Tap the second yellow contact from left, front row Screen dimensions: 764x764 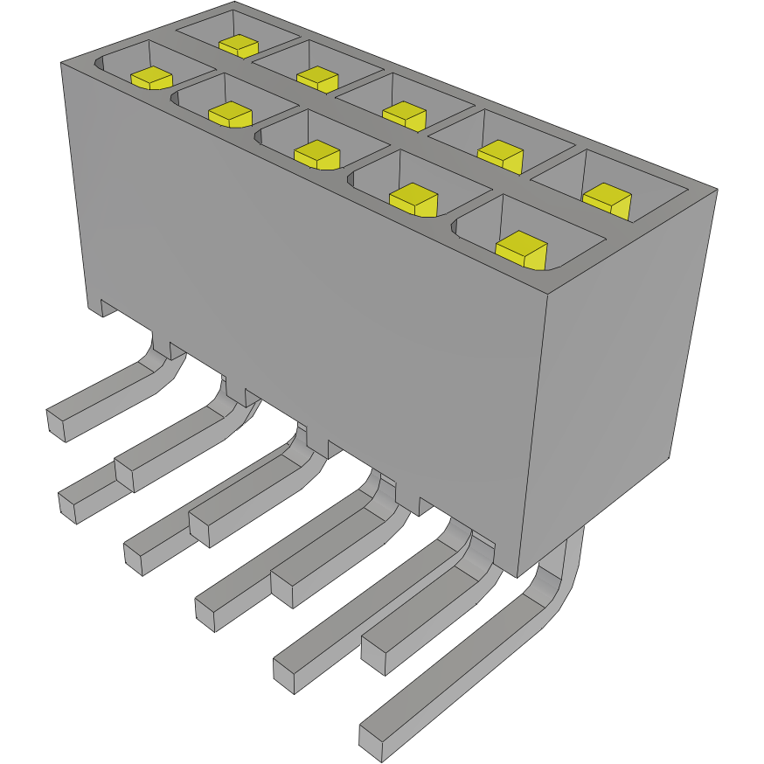tap(230, 114)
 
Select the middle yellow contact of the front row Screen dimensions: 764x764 tap(316, 155)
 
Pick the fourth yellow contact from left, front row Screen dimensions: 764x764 tap(413, 200)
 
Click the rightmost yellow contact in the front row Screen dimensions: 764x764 tap(520, 249)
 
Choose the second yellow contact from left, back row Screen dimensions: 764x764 tap(316, 79)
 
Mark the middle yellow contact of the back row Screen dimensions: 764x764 tap(404, 115)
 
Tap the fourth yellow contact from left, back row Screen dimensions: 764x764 tap(501, 155)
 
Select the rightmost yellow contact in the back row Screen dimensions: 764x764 tap(607, 201)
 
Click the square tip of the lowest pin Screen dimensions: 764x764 tap(372, 741)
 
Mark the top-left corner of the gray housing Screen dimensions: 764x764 tap(60, 63)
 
